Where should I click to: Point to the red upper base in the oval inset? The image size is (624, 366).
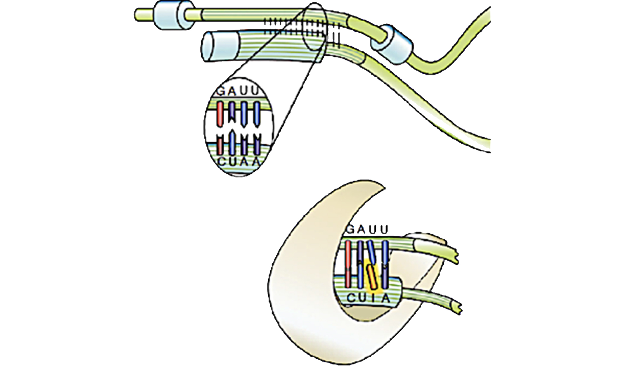click(x=220, y=114)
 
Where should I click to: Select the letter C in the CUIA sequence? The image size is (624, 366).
click(x=351, y=298)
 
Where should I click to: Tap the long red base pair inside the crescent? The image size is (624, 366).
click(x=348, y=264)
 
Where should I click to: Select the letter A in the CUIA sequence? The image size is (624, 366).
click(x=386, y=298)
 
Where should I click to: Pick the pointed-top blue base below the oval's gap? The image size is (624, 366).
click(x=233, y=144)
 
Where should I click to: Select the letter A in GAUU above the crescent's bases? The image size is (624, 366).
click(x=364, y=230)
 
